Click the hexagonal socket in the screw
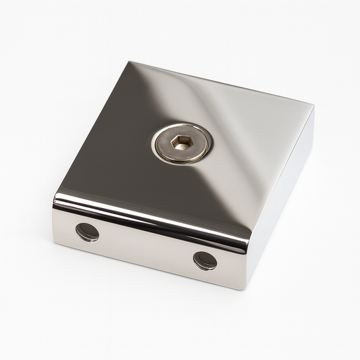click(x=182, y=143)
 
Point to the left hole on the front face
click(x=87, y=232)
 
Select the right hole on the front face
click(x=205, y=260)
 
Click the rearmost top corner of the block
click(x=129, y=61)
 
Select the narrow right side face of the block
click(x=284, y=196)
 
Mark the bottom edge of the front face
click(x=149, y=267)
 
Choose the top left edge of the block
click(x=91, y=128)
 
